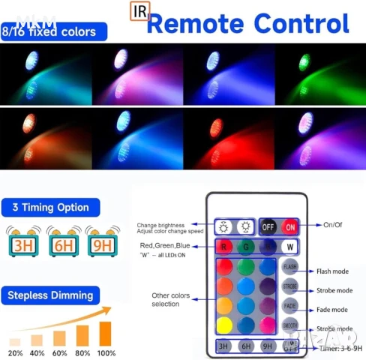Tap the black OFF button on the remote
(x=268, y=226)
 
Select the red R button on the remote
(x=223, y=247)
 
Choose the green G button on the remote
(x=245, y=247)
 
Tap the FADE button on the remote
(x=290, y=306)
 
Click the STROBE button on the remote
(x=290, y=286)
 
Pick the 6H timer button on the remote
(x=245, y=346)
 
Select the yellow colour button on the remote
(x=223, y=325)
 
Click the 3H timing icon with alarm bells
(x=22, y=243)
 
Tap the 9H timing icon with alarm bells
(x=99, y=243)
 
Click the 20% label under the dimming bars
(x=15, y=352)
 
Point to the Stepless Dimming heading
(x=52, y=295)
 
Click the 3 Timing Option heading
(x=51, y=207)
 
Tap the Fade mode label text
(x=331, y=310)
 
